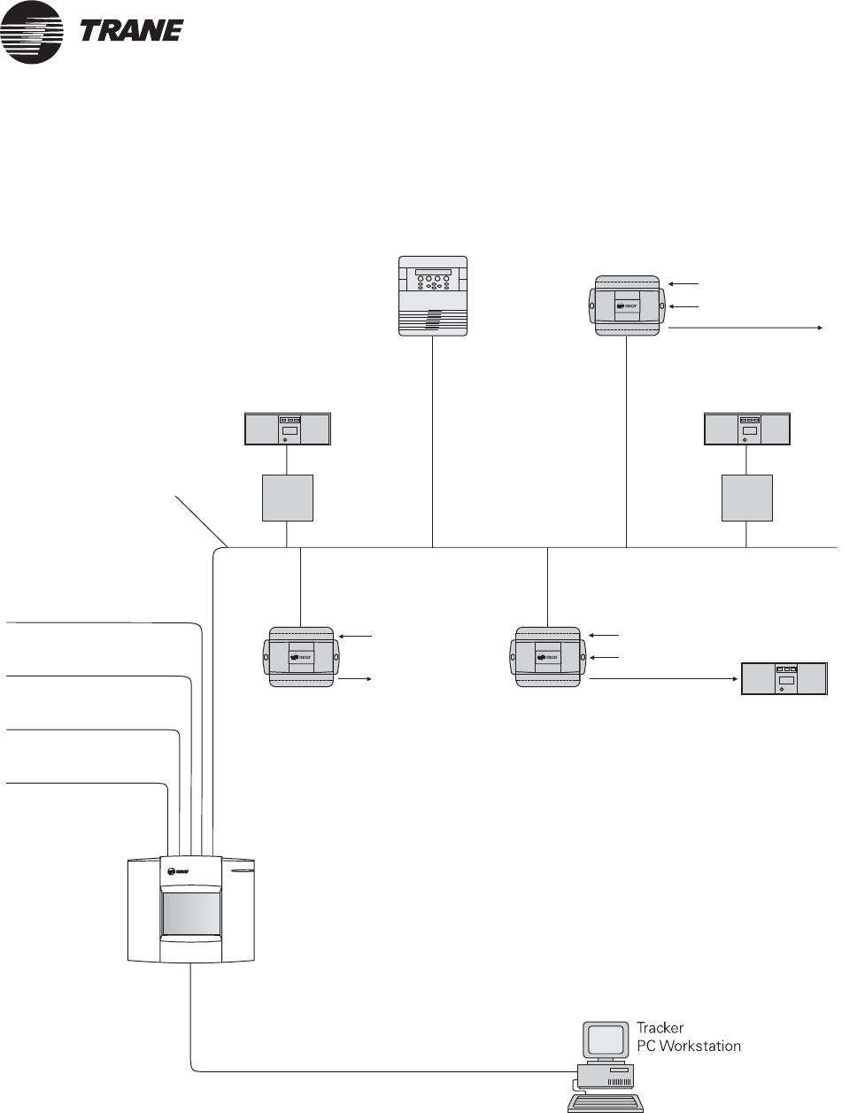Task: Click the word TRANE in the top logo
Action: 131,31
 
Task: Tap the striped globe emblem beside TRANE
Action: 33,33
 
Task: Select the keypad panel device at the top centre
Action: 432,296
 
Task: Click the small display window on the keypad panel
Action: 432,272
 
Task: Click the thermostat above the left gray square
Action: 287,429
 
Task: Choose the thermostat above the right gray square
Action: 746,429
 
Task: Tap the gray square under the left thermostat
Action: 288,498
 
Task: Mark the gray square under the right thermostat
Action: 747,498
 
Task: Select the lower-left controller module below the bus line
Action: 302,658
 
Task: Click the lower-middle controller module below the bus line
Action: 549,658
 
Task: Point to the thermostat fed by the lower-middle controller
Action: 784,678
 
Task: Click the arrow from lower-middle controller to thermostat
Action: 664,679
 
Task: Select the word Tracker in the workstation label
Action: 660,1029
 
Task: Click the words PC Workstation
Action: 689,1046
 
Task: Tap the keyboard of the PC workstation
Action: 606,1102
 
